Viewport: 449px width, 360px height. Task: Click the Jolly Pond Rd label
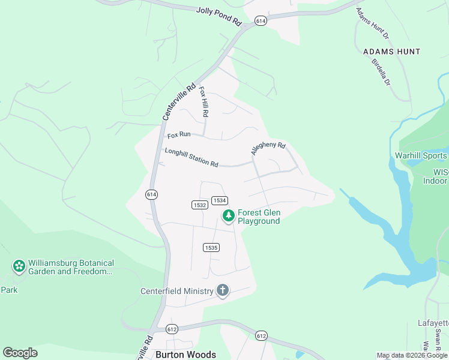point(218,16)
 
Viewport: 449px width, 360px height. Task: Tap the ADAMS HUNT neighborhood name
point(391,52)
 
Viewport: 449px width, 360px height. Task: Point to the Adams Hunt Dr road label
point(373,24)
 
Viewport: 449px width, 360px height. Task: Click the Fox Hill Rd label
point(203,101)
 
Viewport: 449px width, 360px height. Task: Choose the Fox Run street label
point(179,135)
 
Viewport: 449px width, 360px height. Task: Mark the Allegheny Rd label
point(268,149)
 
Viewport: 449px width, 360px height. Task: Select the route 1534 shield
point(219,200)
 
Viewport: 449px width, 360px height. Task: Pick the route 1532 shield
point(200,205)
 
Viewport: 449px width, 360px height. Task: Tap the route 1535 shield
point(211,247)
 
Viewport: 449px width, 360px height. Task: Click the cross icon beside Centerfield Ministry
point(223,291)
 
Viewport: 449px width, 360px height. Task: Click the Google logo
point(20,353)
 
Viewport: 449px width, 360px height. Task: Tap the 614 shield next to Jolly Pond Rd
point(261,20)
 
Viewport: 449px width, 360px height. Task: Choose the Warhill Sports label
point(421,156)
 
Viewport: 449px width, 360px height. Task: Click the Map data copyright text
point(412,355)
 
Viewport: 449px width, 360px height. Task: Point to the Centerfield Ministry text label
point(177,292)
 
